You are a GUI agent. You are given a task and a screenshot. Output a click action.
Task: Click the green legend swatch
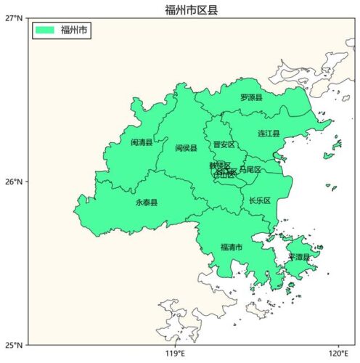45,30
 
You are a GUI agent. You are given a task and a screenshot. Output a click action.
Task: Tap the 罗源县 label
251,97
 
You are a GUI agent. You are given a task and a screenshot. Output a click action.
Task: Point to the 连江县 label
269,134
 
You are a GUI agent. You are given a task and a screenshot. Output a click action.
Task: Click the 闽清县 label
142,142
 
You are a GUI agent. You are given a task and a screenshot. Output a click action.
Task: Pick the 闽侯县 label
186,148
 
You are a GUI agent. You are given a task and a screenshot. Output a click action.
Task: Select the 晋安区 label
224,144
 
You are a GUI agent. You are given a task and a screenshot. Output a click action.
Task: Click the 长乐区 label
259,200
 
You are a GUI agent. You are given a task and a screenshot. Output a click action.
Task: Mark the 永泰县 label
146,203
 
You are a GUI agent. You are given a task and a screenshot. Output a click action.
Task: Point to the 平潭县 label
298,257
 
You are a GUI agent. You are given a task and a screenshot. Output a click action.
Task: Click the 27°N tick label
14,17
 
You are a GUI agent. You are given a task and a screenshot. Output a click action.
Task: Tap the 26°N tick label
14,181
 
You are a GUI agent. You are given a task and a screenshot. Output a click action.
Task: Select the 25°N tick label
14,345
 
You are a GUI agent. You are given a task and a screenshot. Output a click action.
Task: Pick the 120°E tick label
338,354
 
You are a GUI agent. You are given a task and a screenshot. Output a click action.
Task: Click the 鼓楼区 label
219,166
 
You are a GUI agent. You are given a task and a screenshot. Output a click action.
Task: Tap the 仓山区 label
224,174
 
